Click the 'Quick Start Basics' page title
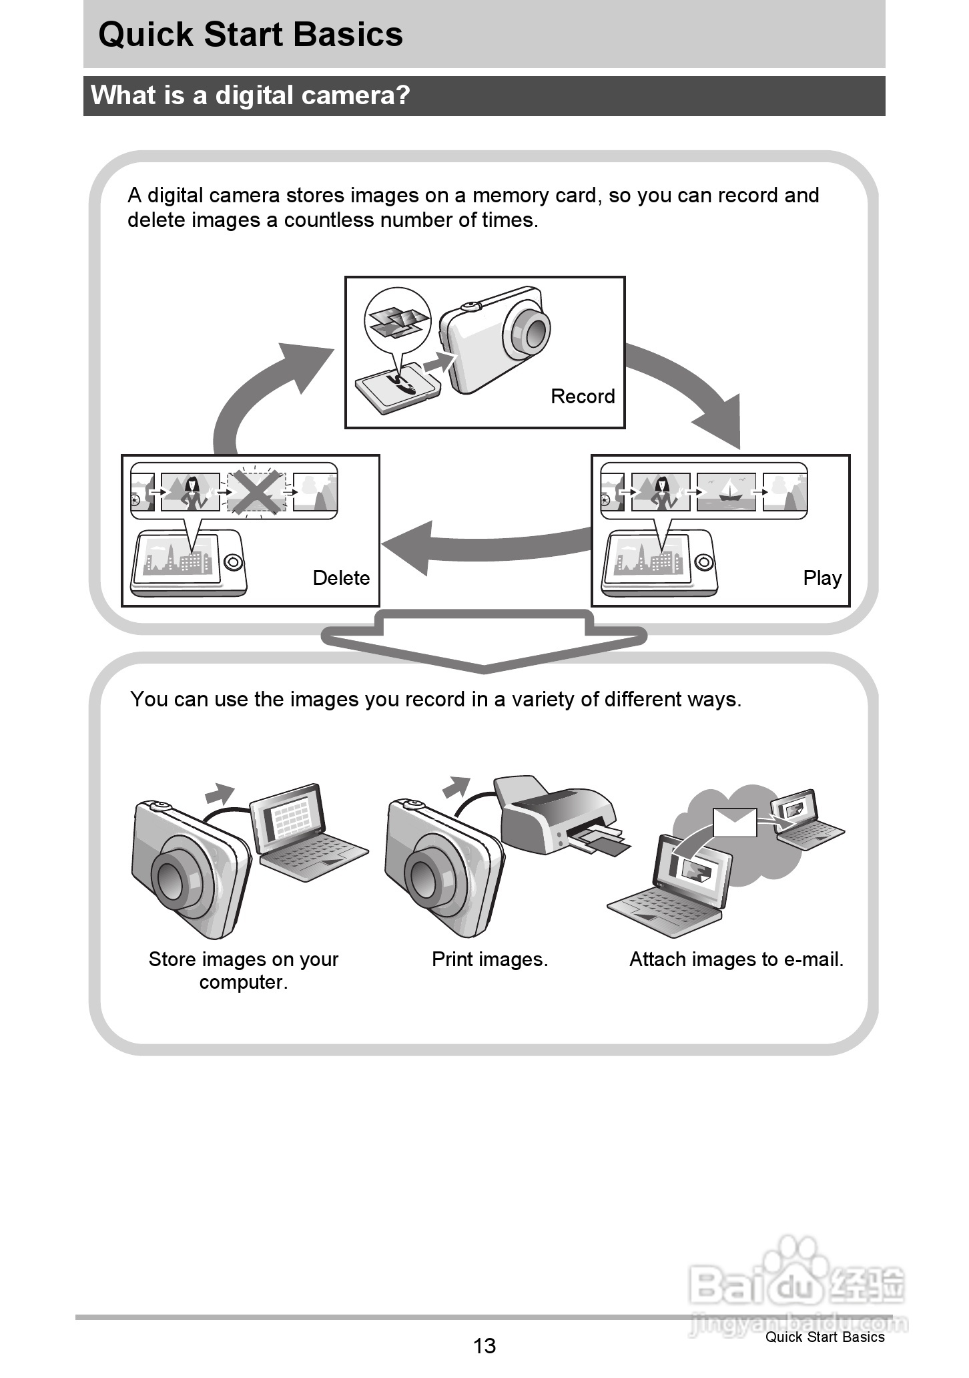(250, 35)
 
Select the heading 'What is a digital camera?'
(250, 95)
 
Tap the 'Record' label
(583, 397)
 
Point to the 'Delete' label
(341, 578)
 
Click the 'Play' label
(822, 578)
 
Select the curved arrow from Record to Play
(694, 387)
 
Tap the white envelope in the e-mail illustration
(735, 822)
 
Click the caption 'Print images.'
(490, 959)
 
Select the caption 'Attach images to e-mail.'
(736, 959)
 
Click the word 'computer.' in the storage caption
(244, 983)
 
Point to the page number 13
(485, 1345)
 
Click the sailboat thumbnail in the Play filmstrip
(726, 492)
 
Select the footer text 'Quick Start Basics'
(825, 1337)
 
